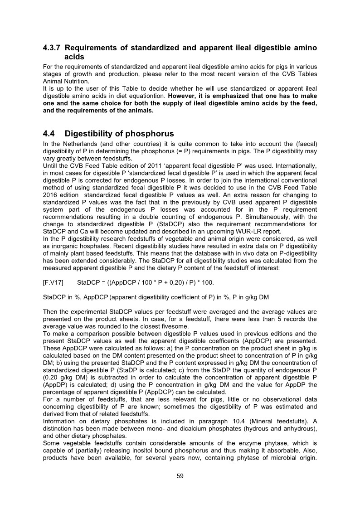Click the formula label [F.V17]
click(x=53, y=282)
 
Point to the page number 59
click(x=180, y=476)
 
